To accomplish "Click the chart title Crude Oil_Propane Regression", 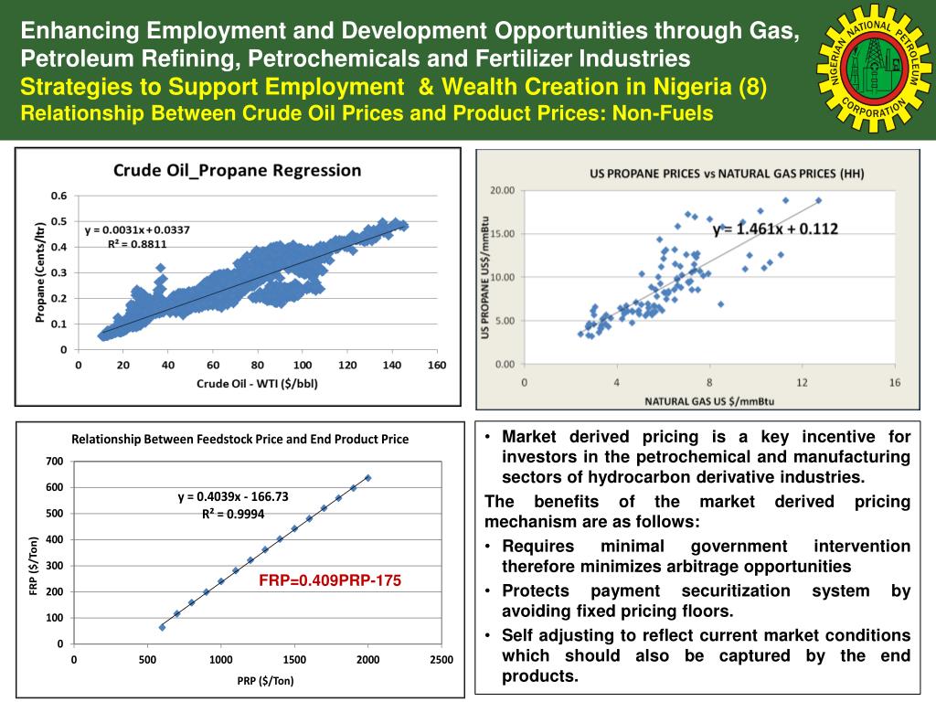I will [237, 170].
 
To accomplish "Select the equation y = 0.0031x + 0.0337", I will [137, 229].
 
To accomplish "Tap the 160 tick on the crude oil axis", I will [437, 366].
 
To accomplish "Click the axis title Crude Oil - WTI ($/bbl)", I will [257, 383].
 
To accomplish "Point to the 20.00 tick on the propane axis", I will [504, 190].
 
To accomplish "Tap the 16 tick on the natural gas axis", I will [895, 382].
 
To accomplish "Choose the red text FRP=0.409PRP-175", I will [329, 580].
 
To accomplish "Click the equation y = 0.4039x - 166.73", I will [233, 497].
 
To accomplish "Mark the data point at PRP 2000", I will [367, 477].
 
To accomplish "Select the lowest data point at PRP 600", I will [162, 627].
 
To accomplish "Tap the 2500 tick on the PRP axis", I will [441, 660].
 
